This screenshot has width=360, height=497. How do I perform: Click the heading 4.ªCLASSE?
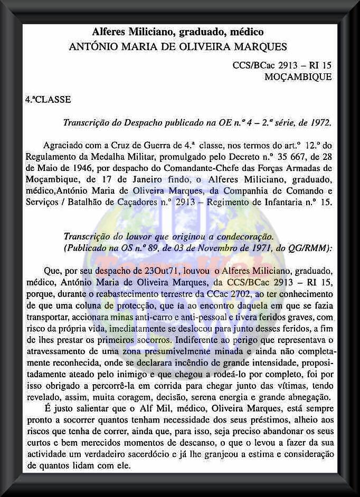(48, 99)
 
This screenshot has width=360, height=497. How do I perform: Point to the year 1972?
(319, 123)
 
